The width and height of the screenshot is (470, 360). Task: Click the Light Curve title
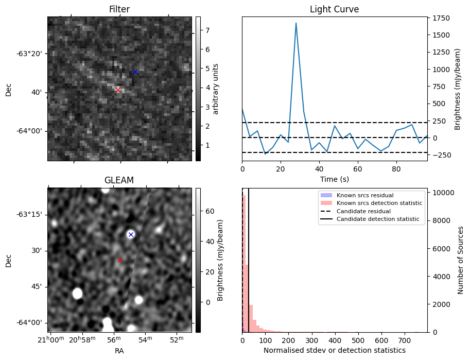click(x=334, y=9)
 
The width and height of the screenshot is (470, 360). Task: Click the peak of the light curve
click(x=296, y=23)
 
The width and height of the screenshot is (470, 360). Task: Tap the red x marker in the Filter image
click(x=118, y=90)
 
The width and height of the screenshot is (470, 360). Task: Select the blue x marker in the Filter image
click(x=135, y=72)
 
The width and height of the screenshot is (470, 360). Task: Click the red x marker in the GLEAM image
click(x=119, y=260)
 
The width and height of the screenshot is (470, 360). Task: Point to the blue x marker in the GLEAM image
click(x=131, y=234)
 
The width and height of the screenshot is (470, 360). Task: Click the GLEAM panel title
click(x=119, y=180)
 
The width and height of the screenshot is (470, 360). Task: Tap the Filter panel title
click(x=119, y=9)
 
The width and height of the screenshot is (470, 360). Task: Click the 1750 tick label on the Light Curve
click(x=442, y=18)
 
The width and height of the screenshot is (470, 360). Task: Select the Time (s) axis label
click(x=334, y=179)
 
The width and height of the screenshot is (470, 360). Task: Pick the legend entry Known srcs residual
click(x=365, y=196)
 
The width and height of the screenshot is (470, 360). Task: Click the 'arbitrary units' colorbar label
click(x=216, y=89)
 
